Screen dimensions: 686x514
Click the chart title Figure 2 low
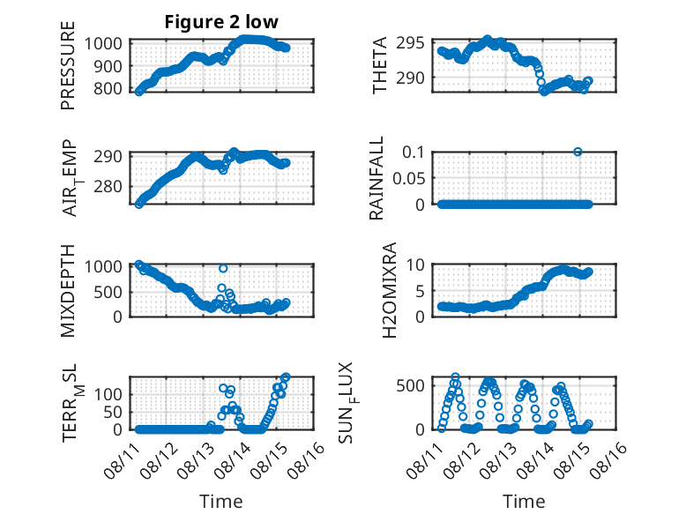221,22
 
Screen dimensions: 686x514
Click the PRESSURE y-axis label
68,65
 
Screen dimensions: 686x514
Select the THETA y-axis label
380,65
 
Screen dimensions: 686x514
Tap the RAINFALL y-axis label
377,178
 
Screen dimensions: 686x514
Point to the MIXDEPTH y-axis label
68,291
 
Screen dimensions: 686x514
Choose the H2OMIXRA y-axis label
389,290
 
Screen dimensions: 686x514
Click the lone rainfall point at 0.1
578,152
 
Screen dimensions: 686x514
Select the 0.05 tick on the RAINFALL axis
408,178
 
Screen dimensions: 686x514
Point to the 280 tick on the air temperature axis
108,187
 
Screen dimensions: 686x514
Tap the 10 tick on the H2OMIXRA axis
415,264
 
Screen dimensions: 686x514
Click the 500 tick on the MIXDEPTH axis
108,292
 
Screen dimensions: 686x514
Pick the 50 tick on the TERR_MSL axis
113,412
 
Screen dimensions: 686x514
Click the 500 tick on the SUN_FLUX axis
410,386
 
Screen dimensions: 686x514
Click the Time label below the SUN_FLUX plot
524,502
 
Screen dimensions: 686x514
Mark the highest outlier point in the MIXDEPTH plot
223,268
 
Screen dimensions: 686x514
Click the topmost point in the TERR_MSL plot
286,376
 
